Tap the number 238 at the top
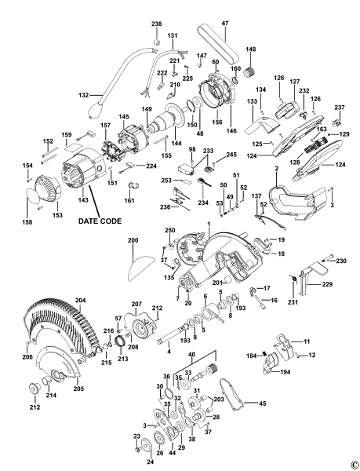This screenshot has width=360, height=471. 157,24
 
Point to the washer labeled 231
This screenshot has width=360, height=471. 291,278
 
